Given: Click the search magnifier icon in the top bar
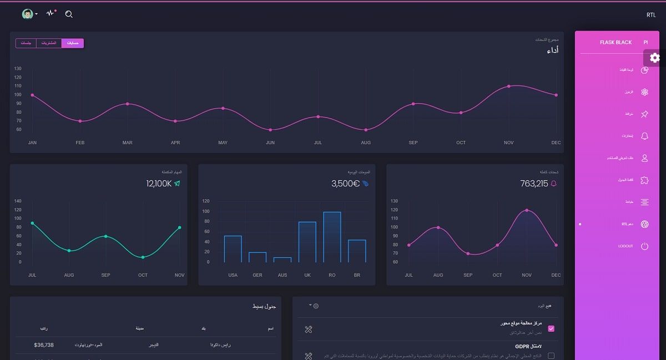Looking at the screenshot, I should (69, 14).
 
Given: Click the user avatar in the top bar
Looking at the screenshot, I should (27, 14).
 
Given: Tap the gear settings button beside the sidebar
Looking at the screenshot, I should (655, 58).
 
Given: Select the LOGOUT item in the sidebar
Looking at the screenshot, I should (625, 246).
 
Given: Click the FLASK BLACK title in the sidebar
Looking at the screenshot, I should (615, 42).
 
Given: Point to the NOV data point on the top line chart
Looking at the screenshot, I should (508, 86).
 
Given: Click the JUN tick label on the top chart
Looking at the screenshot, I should (270, 143).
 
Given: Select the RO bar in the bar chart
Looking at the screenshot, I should (332, 237).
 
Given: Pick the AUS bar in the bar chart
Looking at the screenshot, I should (282, 259).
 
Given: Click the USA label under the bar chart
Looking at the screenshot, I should (233, 275).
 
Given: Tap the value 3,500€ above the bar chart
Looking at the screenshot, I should (345, 183).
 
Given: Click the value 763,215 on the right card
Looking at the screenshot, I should (534, 183).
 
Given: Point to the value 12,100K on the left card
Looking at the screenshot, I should (159, 183).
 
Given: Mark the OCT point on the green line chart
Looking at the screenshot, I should (143, 257).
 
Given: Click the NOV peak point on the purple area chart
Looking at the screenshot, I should (526, 210).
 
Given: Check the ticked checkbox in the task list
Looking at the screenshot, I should (551, 328).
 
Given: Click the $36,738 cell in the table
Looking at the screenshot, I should (44, 345).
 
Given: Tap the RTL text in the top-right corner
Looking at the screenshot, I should (650, 15).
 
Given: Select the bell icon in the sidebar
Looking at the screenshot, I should (644, 136).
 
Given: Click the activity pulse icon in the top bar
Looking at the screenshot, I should (51, 13).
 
